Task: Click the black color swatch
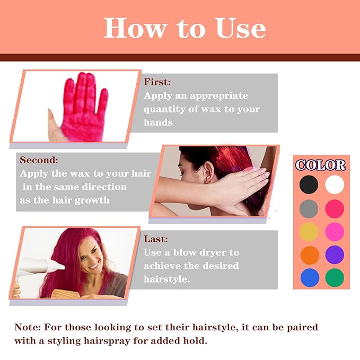[309, 185]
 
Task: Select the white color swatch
[335, 185]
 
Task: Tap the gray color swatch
[309, 208]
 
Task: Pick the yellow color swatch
[309, 232]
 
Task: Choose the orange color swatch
[309, 254]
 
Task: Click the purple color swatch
[335, 254]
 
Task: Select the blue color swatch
[309, 277]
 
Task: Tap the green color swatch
[335, 277]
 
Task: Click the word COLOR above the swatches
[321, 165]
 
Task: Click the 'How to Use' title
[185, 27]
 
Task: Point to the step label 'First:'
[157, 82]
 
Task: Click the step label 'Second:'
[39, 160]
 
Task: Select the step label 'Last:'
[156, 239]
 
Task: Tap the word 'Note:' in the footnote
[29, 327]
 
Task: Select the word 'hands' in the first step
[158, 122]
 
